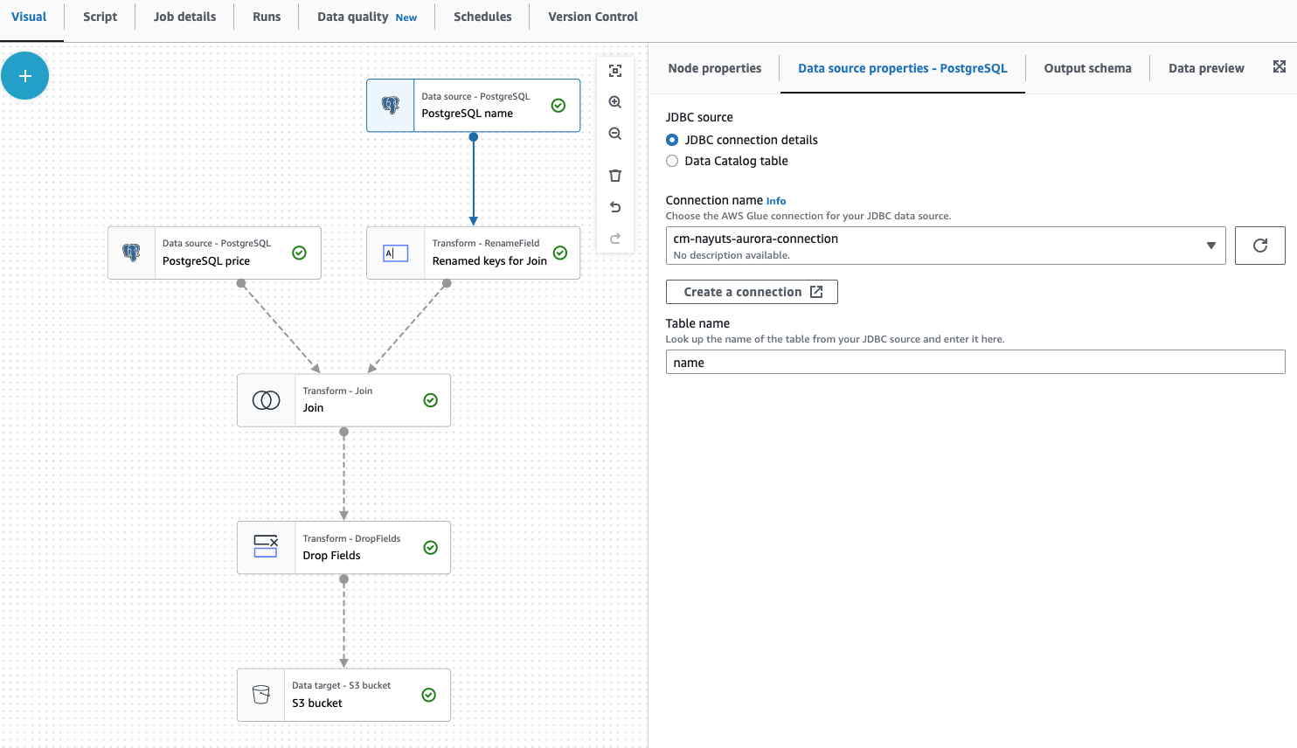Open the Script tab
tap(100, 17)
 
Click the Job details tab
tap(184, 17)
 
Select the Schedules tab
tap(482, 17)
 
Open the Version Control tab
tap(593, 17)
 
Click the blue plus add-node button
tap(25, 76)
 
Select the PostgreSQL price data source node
tap(214, 253)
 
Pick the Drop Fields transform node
tap(343, 548)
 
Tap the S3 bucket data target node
tap(343, 696)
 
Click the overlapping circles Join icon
tap(267, 400)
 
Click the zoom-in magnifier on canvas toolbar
tap(615, 102)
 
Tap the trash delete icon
tap(615, 176)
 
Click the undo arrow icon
tap(615, 207)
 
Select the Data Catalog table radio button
tap(672, 161)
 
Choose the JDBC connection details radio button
tap(672, 140)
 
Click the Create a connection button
tap(752, 292)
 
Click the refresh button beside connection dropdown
tap(1259, 246)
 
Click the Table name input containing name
tap(974, 363)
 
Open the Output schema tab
tap(1087, 68)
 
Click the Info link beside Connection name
tap(776, 201)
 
